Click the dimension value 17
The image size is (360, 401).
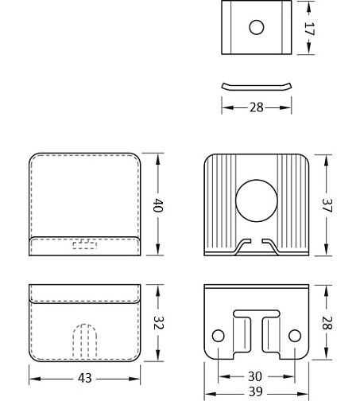click(309, 29)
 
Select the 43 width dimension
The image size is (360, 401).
click(85, 378)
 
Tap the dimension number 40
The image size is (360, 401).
click(158, 205)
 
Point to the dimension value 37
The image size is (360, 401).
click(327, 205)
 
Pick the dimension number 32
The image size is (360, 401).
click(158, 323)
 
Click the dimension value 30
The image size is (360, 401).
click(255, 376)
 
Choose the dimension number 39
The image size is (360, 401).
click(256, 391)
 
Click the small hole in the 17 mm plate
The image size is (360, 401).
click(257, 27)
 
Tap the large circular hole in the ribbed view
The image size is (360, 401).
click(257, 200)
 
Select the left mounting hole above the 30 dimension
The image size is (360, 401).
click(218, 336)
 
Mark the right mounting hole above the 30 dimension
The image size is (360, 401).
click(295, 336)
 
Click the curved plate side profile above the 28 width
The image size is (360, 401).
click(257, 88)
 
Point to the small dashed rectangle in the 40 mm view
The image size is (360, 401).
click(85, 244)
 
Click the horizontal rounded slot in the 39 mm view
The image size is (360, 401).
click(257, 313)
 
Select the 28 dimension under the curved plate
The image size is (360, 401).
click(257, 107)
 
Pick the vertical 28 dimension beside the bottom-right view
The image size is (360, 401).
click(327, 323)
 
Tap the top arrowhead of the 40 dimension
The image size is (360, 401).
click(158, 160)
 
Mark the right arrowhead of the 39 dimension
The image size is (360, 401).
click(303, 394)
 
